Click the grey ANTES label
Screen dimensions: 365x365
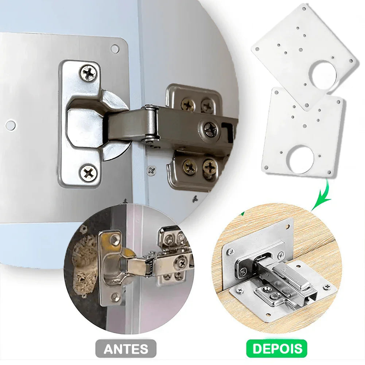point(126,349)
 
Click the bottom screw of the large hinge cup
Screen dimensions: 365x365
point(89,172)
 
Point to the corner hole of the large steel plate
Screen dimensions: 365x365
point(115,48)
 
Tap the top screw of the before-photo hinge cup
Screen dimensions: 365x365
point(116,239)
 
